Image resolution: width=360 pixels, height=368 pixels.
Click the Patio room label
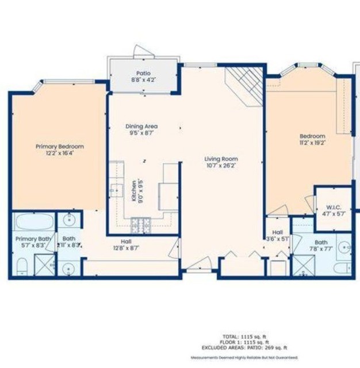[x=143, y=73]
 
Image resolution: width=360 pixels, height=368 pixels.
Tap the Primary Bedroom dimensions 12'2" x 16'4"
[x=60, y=154]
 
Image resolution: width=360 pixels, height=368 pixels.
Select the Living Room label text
[x=221, y=159]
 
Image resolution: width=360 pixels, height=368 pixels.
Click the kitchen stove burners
[x=140, y=223]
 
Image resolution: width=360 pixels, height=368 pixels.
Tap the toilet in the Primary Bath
[x=21, y=265]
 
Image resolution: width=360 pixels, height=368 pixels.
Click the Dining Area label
[x=141, y=126]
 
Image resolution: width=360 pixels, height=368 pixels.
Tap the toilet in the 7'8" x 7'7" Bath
[x=342, y=267]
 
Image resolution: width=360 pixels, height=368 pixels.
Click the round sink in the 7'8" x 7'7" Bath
[x=344, y=248]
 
